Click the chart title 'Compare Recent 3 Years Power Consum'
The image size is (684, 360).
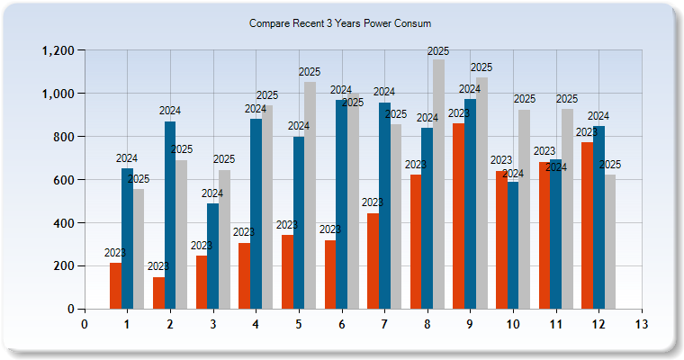340,23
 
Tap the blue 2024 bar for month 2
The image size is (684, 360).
170,215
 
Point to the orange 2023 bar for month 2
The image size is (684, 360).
158,292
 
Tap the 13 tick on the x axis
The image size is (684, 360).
641,323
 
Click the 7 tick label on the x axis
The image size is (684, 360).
384,323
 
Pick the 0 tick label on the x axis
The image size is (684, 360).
84,323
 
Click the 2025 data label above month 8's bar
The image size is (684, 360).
438,51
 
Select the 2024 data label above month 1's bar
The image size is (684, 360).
127,158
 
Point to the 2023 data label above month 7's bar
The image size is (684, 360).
373,202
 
